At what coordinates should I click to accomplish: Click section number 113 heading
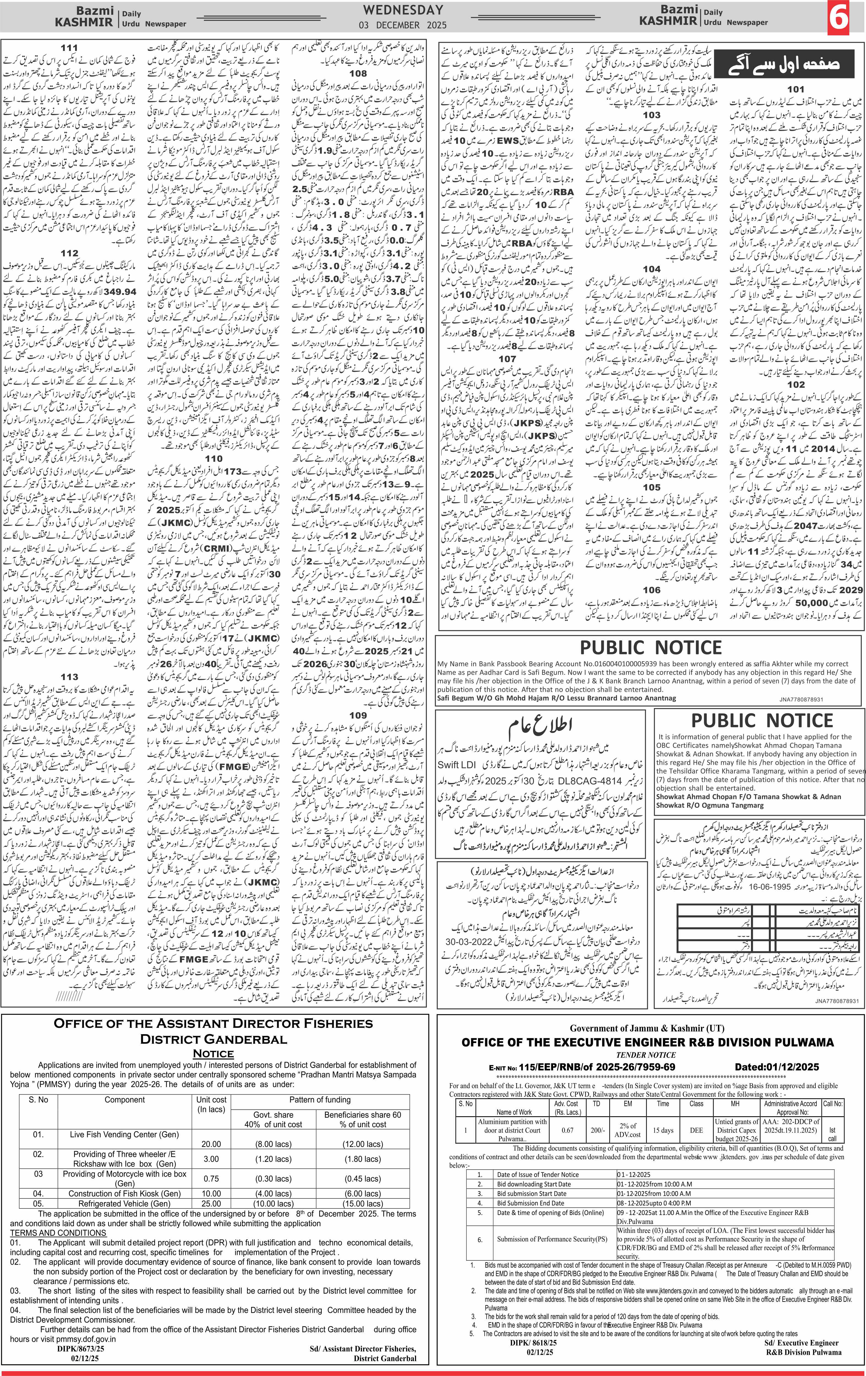tap(70, 677)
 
